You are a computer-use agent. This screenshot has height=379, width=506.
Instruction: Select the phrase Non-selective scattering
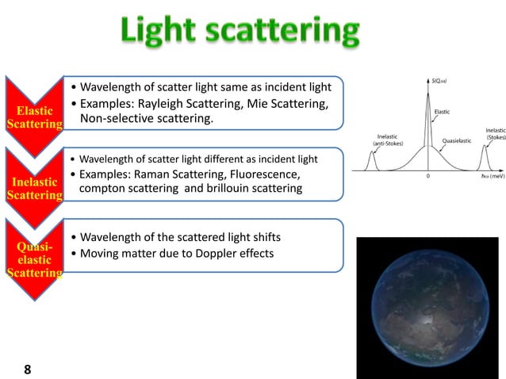pyautogui.click(x=146, y=120)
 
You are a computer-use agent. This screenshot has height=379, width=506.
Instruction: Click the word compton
pyautogui.click(x=104, y=189)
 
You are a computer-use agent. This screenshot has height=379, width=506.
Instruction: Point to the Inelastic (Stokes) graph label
pyautogui.click(x=495, y=133)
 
